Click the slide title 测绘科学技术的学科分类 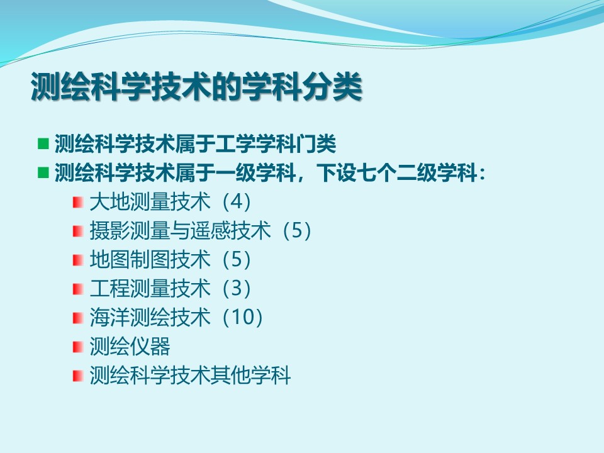coord(196,86)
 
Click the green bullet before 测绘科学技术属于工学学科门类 coord(43,143)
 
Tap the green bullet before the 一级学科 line coord(43,172)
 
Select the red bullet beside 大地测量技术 coord(78,202)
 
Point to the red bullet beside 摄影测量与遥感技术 coord(78,231)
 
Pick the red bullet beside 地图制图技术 coord(78,260)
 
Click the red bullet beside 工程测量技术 coord(78,289)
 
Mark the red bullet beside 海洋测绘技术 coord(78,317)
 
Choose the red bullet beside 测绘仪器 coord(78,346)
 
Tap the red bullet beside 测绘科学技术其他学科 coord(78,375)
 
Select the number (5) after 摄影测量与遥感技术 coord(297,230)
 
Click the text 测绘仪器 coord(130,346)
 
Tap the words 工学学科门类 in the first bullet coord(276,143)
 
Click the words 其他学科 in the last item coord(250,375)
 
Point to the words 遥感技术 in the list coord(230,230)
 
